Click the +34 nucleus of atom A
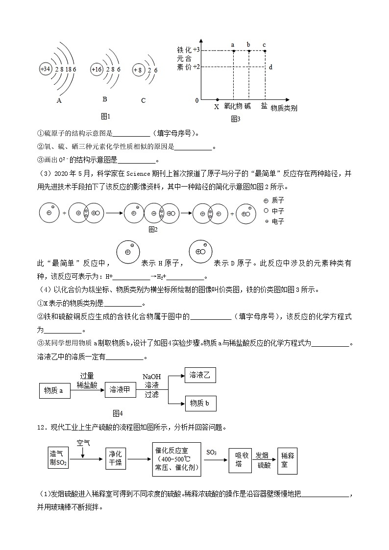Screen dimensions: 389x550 click(45, 69)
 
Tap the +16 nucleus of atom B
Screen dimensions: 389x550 click(96, 69)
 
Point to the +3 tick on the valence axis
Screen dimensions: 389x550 click(196, 50)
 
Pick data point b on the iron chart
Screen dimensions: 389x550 click(249, 50)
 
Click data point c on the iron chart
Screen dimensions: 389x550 click(265, 50)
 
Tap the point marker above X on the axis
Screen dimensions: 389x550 click(217, 99)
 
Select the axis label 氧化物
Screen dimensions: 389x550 click(233, 106)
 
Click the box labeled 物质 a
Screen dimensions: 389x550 click(54, 390)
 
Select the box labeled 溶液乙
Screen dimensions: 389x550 click(200, 375)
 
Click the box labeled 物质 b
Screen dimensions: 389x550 click(200, 403)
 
